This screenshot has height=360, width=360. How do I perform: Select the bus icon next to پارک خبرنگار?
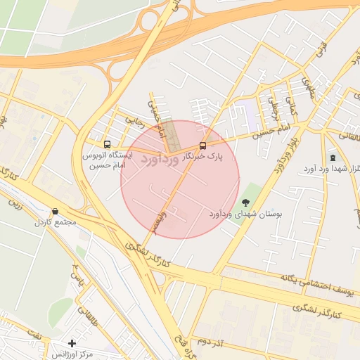coord(202,146)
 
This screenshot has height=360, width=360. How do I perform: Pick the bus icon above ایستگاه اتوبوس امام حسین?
coord(106,141)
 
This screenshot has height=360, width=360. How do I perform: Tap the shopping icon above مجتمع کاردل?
coord(55,211)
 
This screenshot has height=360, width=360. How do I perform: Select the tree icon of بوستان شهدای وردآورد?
coord(245,202)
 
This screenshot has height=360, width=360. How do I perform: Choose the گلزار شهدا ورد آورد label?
coord(330,169)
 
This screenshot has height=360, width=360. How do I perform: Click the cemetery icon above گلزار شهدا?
coord(331,157)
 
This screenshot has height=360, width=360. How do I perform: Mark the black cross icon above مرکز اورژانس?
coord(71,343)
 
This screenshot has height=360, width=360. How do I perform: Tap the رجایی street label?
coord(134,121)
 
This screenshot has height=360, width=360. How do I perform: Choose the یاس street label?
coord(79,283)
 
